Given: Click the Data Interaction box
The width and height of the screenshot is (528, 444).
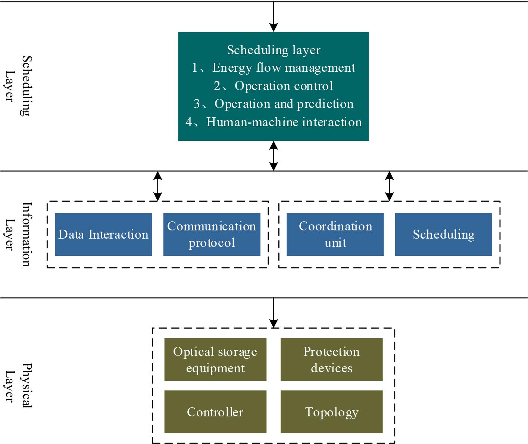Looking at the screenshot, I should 103,235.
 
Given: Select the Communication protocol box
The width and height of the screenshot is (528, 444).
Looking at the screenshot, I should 212,235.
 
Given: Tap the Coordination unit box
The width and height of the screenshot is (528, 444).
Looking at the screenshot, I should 335,235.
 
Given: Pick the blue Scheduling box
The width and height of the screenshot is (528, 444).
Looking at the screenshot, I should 443,235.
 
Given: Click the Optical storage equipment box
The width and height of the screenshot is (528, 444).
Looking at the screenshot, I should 215,360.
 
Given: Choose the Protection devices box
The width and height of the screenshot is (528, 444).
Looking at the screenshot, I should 331,360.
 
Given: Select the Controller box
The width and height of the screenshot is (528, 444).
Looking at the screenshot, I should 215,412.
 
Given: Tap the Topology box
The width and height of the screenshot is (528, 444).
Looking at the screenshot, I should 331,412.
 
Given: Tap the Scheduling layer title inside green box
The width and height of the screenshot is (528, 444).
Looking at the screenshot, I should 274,50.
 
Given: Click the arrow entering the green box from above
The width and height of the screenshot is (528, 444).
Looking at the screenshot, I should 274,17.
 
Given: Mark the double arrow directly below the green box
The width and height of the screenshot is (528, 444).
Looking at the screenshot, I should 274,156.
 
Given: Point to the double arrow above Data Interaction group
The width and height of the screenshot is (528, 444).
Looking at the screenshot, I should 158,186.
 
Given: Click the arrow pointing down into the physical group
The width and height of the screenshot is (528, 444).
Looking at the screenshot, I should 274,313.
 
